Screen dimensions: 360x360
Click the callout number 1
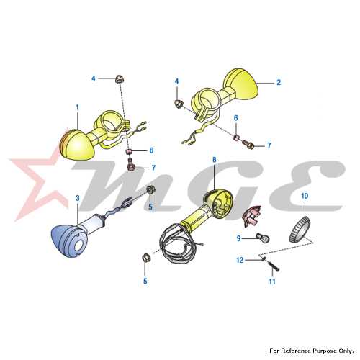[77, 107]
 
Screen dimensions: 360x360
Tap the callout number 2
[279, 83]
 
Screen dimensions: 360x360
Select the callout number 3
[78, 198]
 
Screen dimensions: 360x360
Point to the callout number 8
[215, 160]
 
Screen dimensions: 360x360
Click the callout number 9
[238, 238]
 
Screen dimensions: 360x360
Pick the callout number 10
[305, 196]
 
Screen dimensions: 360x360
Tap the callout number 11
[272, 282]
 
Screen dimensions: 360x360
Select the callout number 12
[240, 260]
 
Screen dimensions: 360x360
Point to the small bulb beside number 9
[263, 238]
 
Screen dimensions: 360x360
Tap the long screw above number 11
[273, 266]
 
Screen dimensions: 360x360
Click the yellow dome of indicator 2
[241, 84]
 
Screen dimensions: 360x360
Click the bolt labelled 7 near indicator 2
[248, 144]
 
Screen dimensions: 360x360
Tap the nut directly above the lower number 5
[145, 258]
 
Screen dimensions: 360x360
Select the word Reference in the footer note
[297, 351]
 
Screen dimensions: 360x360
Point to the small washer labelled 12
[264, 258]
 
